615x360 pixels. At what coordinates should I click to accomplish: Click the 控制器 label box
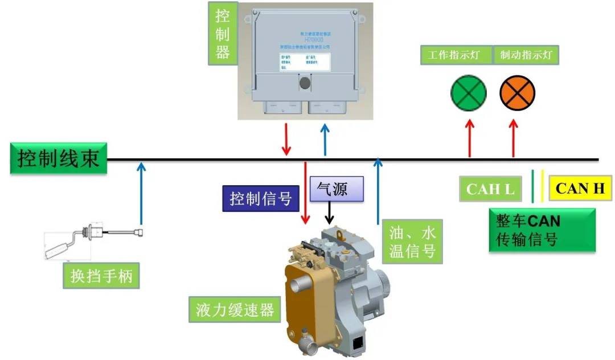[223, 34]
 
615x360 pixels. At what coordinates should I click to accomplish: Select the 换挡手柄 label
[101, 277]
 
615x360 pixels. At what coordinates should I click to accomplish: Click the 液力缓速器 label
[235, 310]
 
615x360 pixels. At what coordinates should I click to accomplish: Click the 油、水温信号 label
[412, 242]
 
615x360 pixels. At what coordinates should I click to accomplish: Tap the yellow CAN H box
[580, 189]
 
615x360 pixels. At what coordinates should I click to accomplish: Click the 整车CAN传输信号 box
[542, 230]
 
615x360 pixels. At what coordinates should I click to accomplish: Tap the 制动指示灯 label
[526, 55]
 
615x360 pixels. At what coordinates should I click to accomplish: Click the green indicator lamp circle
[469, 93]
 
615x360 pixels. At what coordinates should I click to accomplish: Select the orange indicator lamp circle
[517, 93]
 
